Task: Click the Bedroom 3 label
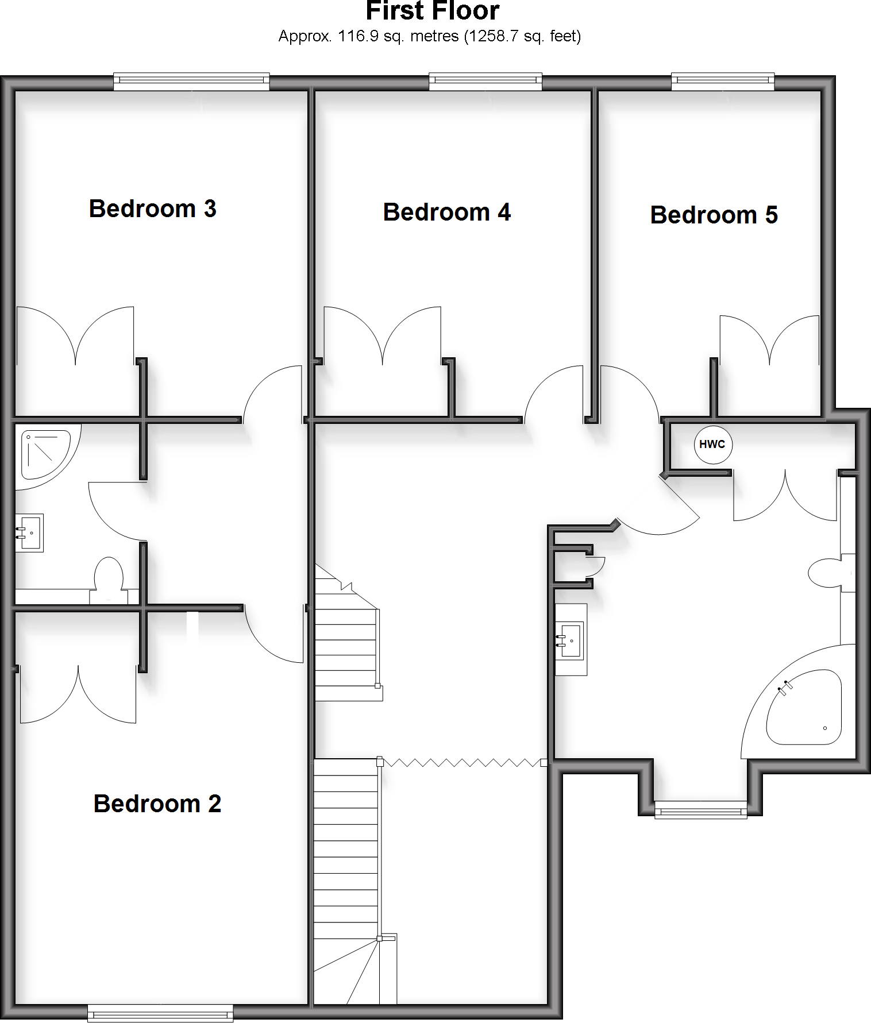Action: pos(152,209)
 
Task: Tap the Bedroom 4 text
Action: pos(446,212)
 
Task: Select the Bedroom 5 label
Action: pos(714,215)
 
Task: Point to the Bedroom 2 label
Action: pos(157,804)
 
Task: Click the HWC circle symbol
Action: pos(712,444)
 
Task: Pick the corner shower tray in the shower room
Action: pos(43,454)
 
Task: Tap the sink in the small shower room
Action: pos(29,533)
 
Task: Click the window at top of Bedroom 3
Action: pos(191,82)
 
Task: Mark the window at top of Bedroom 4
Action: pos(485,82)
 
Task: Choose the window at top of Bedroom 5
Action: pos(723,82)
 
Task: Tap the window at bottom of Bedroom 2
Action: pos(160,1013)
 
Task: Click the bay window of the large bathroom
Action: pos(701,810)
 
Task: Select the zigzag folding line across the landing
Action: pos(462,762)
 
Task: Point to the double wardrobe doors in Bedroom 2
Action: pos(78,695)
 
